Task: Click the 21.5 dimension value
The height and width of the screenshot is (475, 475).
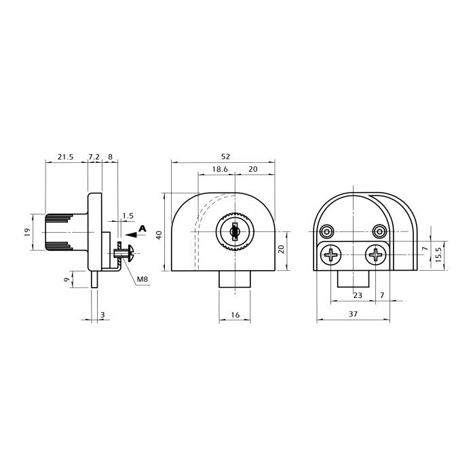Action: pyautogui.click(x=65, y=157)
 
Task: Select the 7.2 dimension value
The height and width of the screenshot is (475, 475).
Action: pyautogui.click(x=94, y=157)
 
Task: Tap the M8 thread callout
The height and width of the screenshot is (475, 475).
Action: pyautogui.click(x=142, y=279)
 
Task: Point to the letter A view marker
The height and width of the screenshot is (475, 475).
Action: pyautogui.click(x=142, y=229)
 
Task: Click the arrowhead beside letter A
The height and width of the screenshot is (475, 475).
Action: pyautogui.click(x=131, y=235)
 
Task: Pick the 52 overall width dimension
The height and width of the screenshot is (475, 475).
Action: pyautogui.click(x=225, y=156)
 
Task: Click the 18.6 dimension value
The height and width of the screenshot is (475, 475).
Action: pyautogui.click(x=220, y=169)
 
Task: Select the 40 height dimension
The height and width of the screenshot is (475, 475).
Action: pyautogui.click(x=159, y=235)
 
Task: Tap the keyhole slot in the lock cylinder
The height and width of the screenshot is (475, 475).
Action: pyautogui.click(x=235, y=232)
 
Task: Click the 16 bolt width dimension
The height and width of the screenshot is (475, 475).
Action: pyautogui.click(x=235, y=315)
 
